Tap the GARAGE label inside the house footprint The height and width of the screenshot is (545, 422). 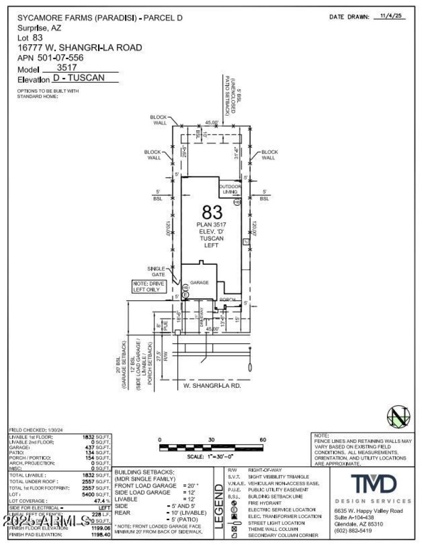199,282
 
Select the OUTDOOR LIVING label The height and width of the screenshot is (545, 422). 231,189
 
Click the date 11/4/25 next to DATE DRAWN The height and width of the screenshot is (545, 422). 391,16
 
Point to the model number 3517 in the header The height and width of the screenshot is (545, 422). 67,68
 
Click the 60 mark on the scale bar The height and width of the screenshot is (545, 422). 263,439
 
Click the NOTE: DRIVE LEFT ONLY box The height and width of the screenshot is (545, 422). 149,286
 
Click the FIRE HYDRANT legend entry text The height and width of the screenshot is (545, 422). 260,503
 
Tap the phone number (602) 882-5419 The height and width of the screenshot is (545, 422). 353,530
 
